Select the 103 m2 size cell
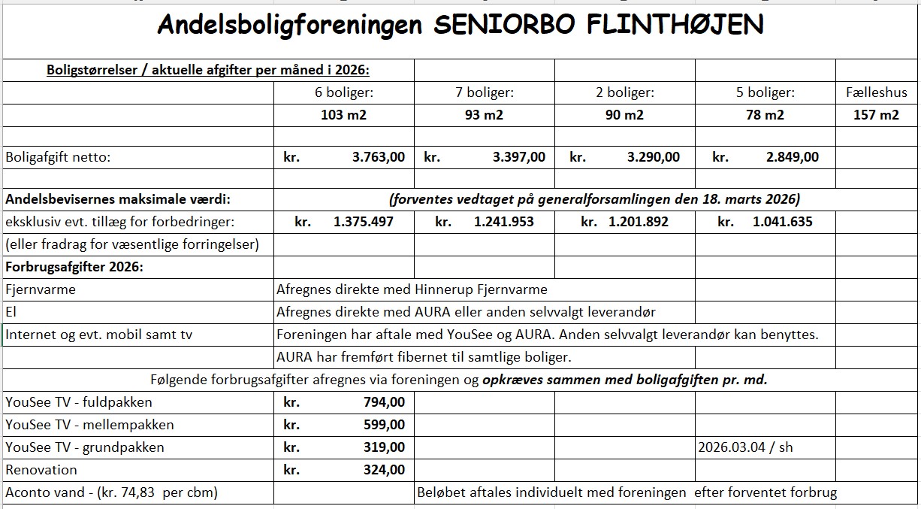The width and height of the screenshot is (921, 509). point(343,115)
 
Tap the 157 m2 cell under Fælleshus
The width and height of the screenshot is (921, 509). point(876,115)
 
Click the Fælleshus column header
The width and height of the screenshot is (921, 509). point(876,92)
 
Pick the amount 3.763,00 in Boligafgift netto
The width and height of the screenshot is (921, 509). point(379,157)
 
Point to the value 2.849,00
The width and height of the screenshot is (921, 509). point(793,157)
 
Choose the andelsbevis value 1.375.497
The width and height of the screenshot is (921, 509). point(363,222)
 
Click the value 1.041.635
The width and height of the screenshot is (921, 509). point(783,222)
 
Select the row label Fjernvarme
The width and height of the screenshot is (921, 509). point(41,289)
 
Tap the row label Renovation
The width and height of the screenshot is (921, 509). point(41,470)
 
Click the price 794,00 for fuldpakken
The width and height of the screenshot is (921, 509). point(384,402)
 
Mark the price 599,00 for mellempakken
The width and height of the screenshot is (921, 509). point(384,425)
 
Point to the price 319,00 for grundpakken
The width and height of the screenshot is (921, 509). point(384,447)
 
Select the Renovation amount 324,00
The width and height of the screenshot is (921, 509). point(384,470)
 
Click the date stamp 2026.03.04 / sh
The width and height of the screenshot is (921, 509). point(745,447)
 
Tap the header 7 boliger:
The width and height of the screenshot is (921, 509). point(485,92)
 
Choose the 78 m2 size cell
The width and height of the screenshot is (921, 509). point(765,115)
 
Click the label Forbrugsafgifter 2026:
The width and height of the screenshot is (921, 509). point(74,267)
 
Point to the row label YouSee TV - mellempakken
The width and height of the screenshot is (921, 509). point(89,425)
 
